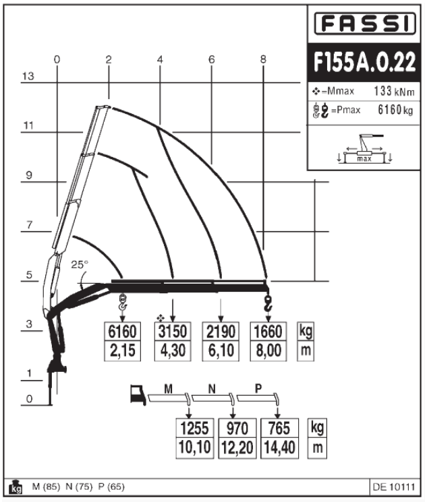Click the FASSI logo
(x=364, y=25)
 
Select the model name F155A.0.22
(x=364, y=62)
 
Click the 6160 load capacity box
(x=122, y=332)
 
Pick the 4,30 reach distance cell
(x=173, y=350)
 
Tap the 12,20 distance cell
(x=237, y=446)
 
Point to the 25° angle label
(x=80, y=265)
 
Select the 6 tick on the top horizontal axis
(x=211, y=59)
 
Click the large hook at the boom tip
(x=268, y=304)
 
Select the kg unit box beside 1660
(x=306, y=332)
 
